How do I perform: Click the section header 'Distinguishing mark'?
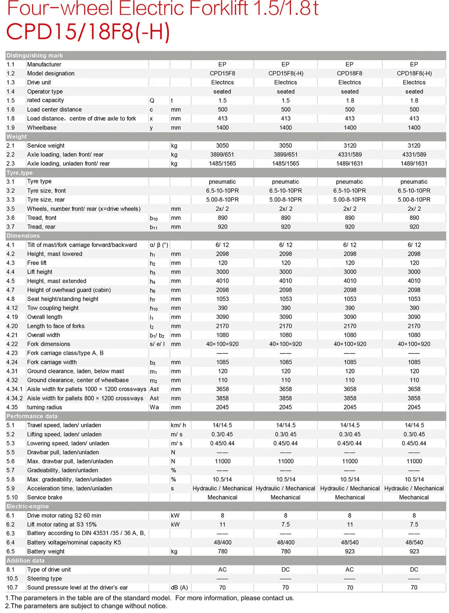click(35, 55)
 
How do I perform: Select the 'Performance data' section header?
click(32, 416)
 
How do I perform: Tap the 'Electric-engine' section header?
click(28, 506)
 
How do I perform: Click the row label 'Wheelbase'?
click(42, 127)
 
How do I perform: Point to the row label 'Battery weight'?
click(46, 551)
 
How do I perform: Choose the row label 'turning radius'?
click(44, 407)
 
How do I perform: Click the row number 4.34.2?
click(14, 398)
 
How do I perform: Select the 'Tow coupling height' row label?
click(53, 308)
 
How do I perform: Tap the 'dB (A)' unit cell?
click(179, 588)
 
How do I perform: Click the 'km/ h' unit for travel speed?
click(178, 425)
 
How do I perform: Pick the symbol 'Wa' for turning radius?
click(154, 407)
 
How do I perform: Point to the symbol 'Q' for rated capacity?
click(152, 100)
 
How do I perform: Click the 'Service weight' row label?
click(46, 146)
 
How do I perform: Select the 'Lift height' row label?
click(40, 272)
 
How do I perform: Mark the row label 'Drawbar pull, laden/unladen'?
click(63, 452)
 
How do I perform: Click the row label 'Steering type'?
click(44, 578)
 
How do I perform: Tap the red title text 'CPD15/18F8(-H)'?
click(88, 32)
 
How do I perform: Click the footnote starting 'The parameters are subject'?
click(86, 606)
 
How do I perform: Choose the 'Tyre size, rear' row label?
click(46, 199)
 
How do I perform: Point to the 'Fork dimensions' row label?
click(49, 344)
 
